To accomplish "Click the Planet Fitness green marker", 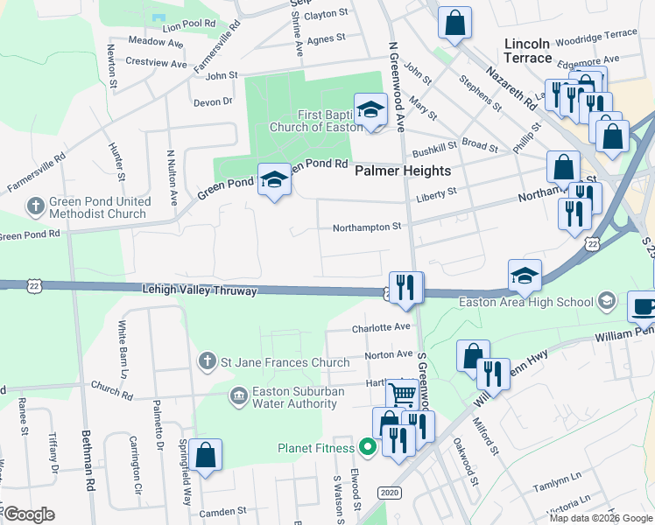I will pos(368,448).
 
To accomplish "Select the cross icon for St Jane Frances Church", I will pos(207,360).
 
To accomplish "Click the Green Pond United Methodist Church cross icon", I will pos(35,207).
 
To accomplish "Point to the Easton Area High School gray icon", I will pos(606,303).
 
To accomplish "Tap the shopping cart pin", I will pos(402,394).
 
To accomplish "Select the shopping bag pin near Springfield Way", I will pos(205,455).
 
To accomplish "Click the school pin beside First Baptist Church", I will pos(370,110).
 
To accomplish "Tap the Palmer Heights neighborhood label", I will pos(403,171).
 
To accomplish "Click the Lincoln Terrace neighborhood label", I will pos(528,51).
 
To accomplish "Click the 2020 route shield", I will pos(391,493).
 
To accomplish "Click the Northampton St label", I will pos(366,227).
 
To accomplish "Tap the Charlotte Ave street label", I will pos(381,327).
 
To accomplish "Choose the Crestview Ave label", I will pos(156,64).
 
